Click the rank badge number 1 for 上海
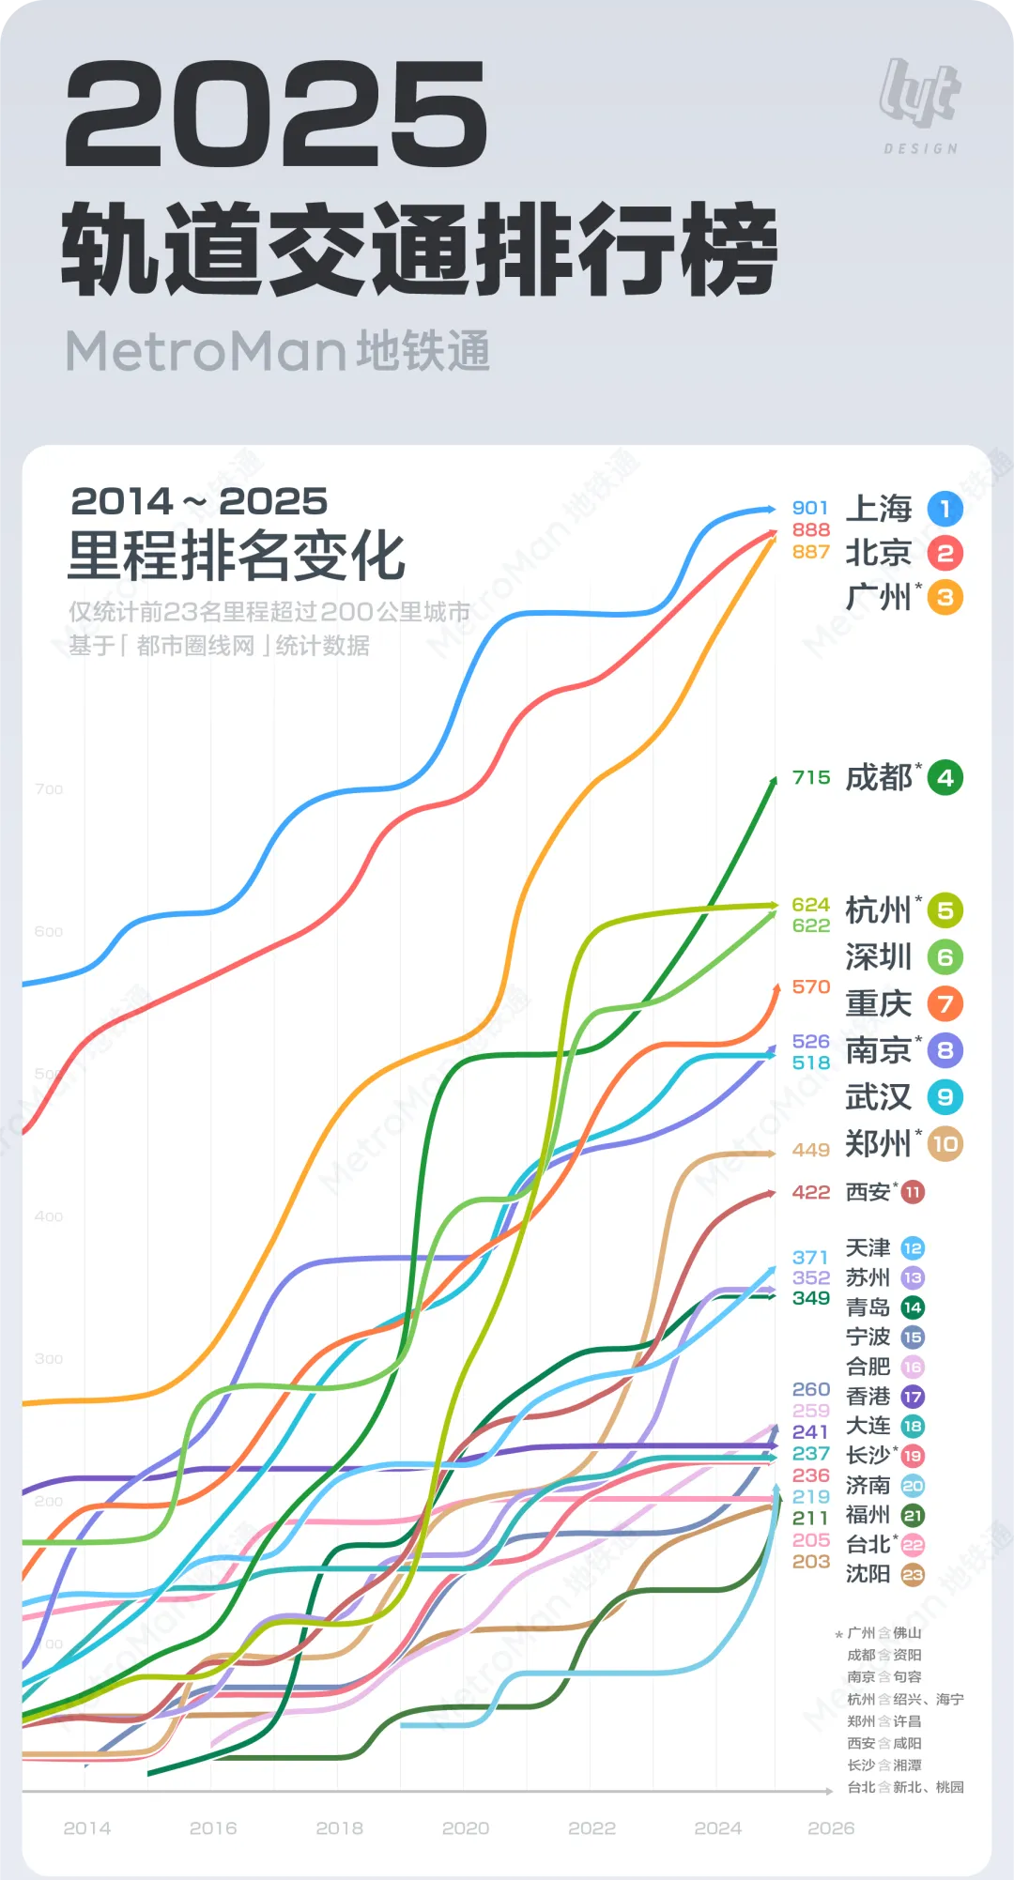click(945, 509)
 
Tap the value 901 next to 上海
click(809, 508)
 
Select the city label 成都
click(878, 777)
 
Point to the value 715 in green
click(810, 777)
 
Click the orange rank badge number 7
click(945, 1003)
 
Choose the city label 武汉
click(878, 1096)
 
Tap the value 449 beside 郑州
click(810, 1150)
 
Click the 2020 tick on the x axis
click(466, 1827)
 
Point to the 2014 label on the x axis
click(87, 1827)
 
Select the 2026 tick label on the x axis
click(831, 1827)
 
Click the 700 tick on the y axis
click(49, 789)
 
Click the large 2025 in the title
click(276, 115)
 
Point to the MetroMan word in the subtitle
click(206, 351)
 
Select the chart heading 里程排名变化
click(236, 556)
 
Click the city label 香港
click(868, 1397)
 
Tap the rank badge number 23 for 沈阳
click(913, 1574)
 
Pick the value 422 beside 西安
click(810, 1192)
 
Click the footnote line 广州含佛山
click(883, 1633)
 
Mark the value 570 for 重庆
click(810, 986)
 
